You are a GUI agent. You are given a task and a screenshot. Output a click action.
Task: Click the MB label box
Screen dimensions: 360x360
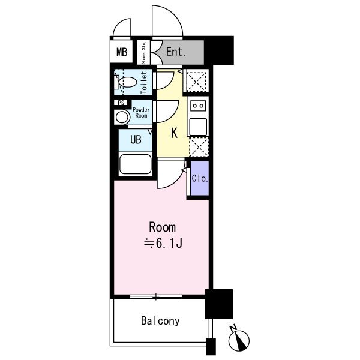[121, 52]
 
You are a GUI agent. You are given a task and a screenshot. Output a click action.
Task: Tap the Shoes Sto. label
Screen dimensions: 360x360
[144, 53]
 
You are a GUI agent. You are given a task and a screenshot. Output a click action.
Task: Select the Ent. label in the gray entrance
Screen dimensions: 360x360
[176, 52]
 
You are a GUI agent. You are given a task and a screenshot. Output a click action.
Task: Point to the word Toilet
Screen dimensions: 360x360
[144, 82]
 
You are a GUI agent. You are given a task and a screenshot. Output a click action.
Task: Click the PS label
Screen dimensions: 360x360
[121, 103]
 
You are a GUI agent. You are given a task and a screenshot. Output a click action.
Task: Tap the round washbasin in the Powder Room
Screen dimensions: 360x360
[122, 117]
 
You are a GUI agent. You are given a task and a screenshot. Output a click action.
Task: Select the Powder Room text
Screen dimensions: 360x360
[141, 113]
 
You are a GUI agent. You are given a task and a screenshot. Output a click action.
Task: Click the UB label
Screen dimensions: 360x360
[136, 140]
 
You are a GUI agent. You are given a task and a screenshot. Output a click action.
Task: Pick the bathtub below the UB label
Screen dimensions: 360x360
[136, 164]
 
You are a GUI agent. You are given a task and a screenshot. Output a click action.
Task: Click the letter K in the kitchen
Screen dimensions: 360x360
[174, 133]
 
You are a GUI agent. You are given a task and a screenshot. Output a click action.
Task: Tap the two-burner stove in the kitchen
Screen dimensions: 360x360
[198, 106]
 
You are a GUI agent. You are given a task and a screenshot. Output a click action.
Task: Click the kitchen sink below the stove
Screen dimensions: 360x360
[198, 127]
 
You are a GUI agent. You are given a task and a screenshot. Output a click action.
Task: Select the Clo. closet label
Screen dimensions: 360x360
[200, 178]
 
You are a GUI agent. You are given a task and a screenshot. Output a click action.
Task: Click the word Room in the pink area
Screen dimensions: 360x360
[163, 227]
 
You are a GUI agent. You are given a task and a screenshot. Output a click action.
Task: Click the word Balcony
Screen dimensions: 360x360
[160, 321]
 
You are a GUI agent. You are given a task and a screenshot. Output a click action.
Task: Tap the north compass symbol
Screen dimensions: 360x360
[239, 338]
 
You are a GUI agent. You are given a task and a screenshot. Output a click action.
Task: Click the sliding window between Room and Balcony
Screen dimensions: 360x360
[156, 296]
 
